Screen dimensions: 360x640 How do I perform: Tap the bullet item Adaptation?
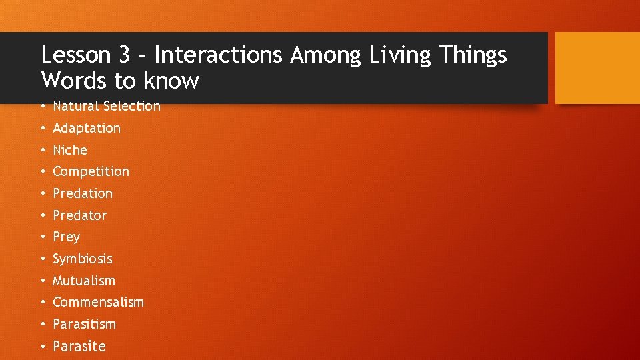tap(87, 128)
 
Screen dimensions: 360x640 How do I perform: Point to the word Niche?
tap(70, 150)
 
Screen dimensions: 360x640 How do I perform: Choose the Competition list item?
tap(91, 171)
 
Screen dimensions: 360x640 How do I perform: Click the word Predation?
tap(83, 193)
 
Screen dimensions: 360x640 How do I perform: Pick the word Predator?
tap(79, 215)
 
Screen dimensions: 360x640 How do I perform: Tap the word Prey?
tap(66, 237)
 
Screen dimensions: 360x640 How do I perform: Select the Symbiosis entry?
tap(83, 259)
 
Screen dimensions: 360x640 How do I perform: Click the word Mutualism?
tap(84, 281)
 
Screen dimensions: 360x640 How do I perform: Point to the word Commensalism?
tap(98, 302)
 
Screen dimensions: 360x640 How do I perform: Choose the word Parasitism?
tap(84, 324)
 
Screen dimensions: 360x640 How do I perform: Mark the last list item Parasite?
tap(79, 346)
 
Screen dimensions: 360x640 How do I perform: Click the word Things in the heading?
tap(473, 55)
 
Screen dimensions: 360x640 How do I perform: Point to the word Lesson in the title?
tap(74, 55)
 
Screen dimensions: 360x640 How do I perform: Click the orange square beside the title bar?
tap(597, 68)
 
